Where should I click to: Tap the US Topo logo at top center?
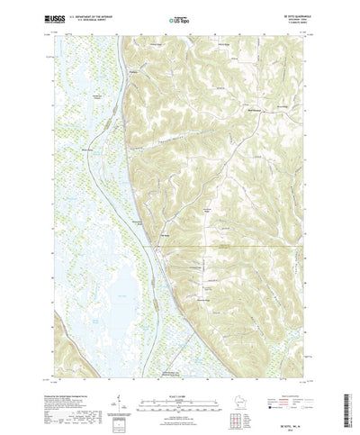180,17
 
